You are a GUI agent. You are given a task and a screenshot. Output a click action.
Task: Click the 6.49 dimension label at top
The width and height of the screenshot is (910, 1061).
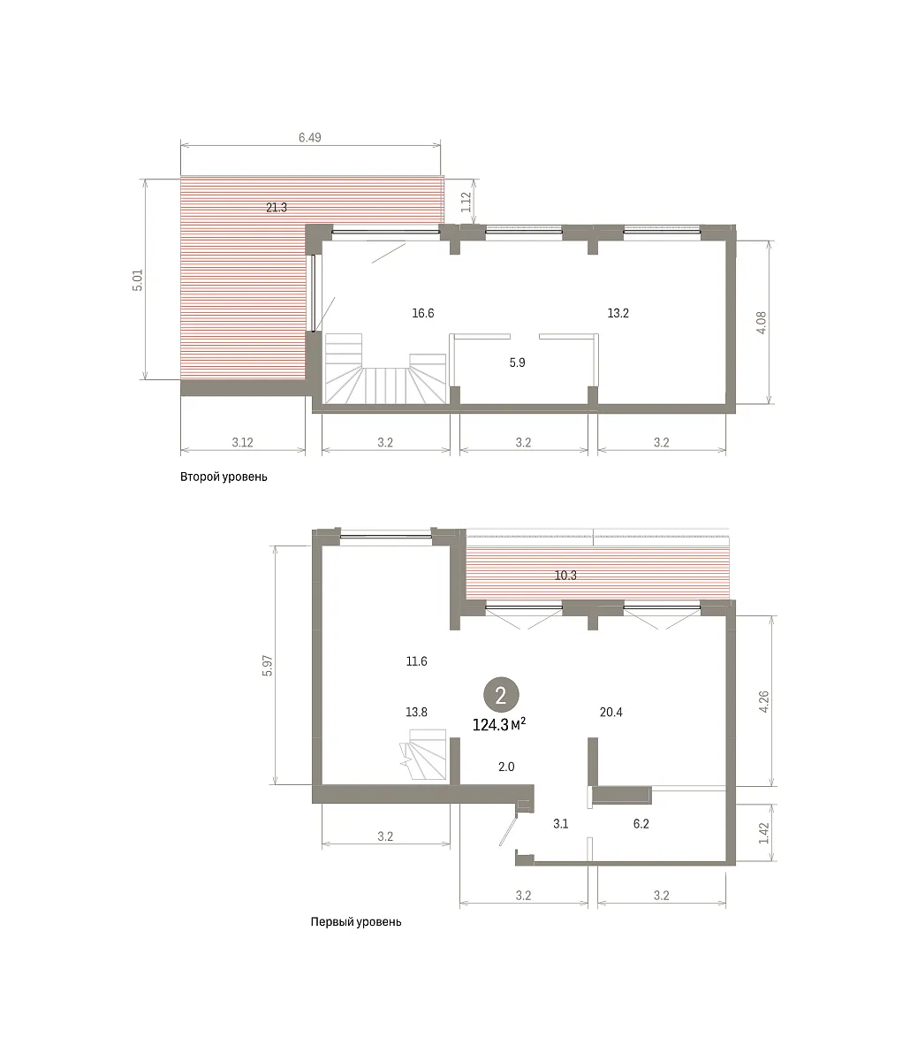click(x=310, y=138)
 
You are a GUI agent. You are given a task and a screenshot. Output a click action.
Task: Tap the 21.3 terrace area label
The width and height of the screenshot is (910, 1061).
click(x=277, y=208)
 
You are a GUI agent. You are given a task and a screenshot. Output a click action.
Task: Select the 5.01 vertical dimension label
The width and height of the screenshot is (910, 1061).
click(x=138, y=280)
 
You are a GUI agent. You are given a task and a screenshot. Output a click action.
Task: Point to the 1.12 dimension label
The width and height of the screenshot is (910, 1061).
click(x=466, y=202)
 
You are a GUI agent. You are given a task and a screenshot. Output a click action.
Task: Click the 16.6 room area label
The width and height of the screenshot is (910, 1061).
click(x=423, y=313)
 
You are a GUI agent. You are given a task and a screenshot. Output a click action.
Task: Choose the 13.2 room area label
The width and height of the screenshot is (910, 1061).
click(x=618, y=313)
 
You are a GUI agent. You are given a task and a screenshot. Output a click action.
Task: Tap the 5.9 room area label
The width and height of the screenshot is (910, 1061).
click(x=517, y=363)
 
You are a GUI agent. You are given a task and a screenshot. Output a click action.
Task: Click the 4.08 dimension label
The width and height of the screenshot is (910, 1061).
click(x=762, y=323)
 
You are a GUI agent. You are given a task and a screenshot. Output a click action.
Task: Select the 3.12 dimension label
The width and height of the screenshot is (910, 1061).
click(x=243, y=442)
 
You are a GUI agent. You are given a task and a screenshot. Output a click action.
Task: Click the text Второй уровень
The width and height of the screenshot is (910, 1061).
click(x=224, y=477)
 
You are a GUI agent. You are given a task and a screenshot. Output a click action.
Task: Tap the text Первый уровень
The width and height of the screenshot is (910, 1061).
click(x=356, y=922)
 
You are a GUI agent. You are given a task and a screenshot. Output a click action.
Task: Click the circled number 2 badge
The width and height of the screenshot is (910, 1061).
click(x=501, y=695)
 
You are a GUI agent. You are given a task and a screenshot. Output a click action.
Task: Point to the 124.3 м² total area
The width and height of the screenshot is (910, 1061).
click(x=499, y=724)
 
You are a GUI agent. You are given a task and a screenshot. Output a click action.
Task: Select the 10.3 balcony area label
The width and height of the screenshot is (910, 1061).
click(x=565, y=576)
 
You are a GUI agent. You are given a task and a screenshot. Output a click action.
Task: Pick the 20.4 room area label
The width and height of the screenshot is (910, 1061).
click(x=611, y=712)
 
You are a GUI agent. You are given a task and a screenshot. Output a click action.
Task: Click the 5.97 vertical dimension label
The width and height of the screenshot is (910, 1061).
click(x=268, y=665)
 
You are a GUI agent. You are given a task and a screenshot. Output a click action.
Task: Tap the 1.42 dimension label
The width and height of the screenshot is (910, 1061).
click(x=764, y=833)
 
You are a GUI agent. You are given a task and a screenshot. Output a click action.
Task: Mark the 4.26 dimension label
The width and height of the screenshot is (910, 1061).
click(x=764, y=702)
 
